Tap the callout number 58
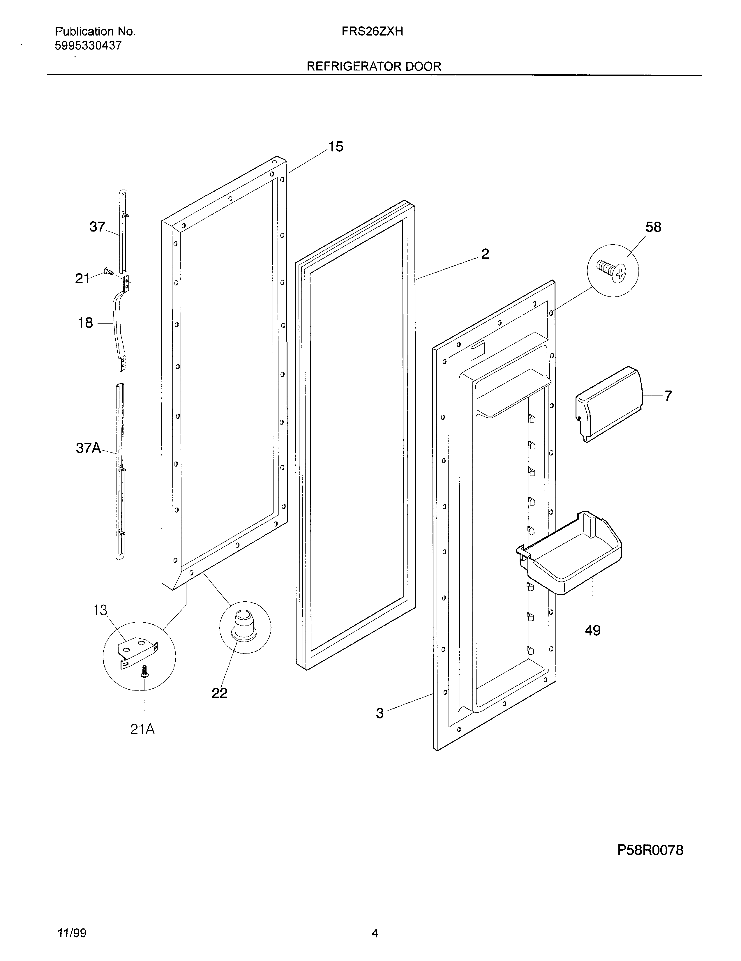[x=653, y=227]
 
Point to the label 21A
[x=142, y=729]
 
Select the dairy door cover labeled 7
[x=608, y=404]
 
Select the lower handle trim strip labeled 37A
[x=120, y=471]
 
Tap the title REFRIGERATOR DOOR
[x=374, y=66]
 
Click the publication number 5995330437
[x=88, y=46]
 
